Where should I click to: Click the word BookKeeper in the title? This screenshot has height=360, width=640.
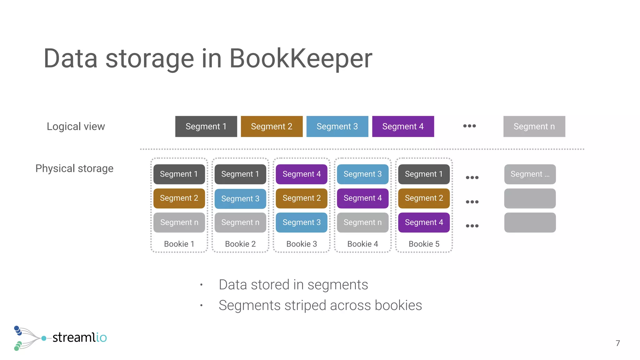pyautogui.click(x=301, y=58)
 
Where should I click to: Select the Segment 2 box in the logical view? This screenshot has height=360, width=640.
pyautogui.click(x=272, y=127)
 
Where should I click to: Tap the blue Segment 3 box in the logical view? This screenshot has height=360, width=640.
pyautogui.click(x=337, y=127)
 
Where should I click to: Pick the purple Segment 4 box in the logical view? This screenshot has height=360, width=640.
pyautogui.click(x=403, y=127)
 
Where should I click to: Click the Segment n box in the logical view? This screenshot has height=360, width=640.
pyautogui.click(x=534, y=127)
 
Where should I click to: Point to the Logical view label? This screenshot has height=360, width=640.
pyautogui.click(x=76, y=127)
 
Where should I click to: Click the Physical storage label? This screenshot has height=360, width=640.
pyautogui.click(x=74, y=168)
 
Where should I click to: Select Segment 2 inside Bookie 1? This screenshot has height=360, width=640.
pyautogui.click(x=179, y=198)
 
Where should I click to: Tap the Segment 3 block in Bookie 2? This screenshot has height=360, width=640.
pyautogui.click(x=240, y=199)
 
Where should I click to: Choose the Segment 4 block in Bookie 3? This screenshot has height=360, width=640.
pyautogui.click(x=302, y=174)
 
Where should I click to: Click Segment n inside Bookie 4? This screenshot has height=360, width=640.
pyautogui.click(x=362, y=222)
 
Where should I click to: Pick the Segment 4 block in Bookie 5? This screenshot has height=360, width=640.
pyautogui.click(x=424, y=222)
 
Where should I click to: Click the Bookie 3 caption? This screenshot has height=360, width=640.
pyautogui.click(x=302, y=244)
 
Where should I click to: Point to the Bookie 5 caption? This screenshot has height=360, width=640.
pyautogui.click(x=424, y=244)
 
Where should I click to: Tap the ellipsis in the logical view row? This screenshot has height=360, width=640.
pyautogui.click(x=469, y=126)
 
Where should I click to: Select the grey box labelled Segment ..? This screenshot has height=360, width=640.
pyautogui.click(x=530, y=174)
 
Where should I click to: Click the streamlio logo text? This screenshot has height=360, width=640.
pyautogui.click(x=79, y=337)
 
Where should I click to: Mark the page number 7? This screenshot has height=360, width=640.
pyautogui.click(x=617, y=343)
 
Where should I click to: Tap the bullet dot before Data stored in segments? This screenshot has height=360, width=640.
pyautogui.click(x=202, y=285)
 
